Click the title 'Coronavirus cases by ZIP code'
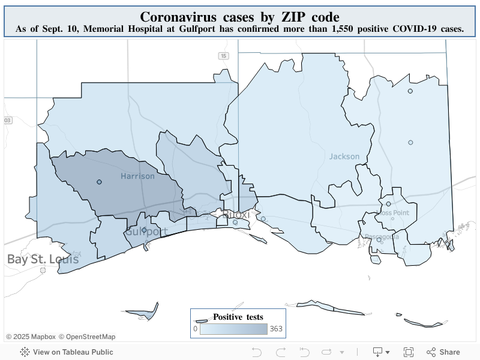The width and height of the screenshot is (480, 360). [239, 16]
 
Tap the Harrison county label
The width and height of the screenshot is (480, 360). [137, 176]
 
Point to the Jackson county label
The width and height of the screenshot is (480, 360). [344, 157]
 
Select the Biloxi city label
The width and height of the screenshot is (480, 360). [236, 215]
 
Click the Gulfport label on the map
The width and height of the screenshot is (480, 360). [146, 232]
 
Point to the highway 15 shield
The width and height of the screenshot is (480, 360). [223, 56]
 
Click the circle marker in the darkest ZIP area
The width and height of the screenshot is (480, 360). [99, 182]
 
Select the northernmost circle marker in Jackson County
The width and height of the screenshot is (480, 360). [410, 91]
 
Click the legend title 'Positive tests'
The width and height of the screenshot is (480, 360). [238, 317]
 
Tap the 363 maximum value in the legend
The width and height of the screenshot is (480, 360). [276, 329]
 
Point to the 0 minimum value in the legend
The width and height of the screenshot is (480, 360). [195, 329]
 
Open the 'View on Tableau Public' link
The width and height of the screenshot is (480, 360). [67, 352]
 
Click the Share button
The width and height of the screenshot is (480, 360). [443, 352]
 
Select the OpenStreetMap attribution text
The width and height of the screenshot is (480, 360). [87, 337]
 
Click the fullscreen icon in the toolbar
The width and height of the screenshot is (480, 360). [409, 352]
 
